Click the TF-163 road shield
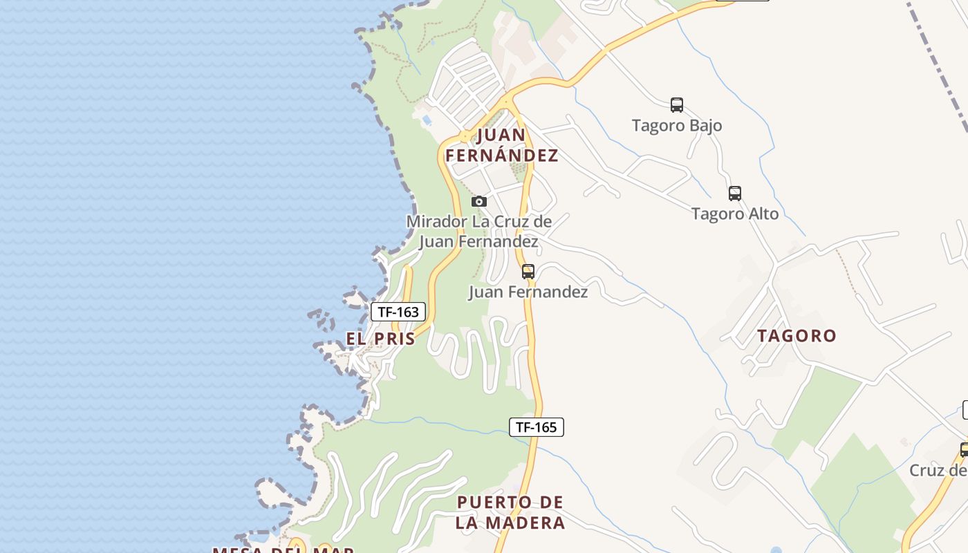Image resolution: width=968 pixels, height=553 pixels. coord(398,312)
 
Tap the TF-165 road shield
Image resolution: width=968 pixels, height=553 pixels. coord(537,427)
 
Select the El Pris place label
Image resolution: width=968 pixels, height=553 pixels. coord(381,339)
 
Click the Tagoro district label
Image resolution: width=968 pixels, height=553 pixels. coord(797,336)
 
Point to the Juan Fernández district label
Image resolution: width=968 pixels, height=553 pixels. coord(502,145)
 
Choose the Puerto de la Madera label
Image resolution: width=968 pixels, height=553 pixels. coord(510,512)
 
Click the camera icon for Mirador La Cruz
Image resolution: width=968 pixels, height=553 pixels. coord(479,201)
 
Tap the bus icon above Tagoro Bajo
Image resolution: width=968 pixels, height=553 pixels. coord(677,105)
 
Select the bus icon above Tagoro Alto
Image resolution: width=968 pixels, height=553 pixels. coord(735,194)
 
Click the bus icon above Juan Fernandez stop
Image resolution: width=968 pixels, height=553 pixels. coord(528,272)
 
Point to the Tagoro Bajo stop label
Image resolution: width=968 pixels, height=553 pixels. coord(677,126)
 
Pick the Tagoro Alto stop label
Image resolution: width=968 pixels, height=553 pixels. coord(735,214)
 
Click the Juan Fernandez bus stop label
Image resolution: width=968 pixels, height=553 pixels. coord(528,292)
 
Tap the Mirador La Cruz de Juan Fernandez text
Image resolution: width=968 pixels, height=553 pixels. coord(479,232)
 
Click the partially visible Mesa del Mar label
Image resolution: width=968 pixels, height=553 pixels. coord(283,550)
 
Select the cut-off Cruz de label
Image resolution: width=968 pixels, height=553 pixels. coord(938,471)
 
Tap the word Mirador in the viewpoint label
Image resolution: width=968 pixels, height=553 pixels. coord(437,222)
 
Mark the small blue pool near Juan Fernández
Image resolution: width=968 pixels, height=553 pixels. coord(427,120)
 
